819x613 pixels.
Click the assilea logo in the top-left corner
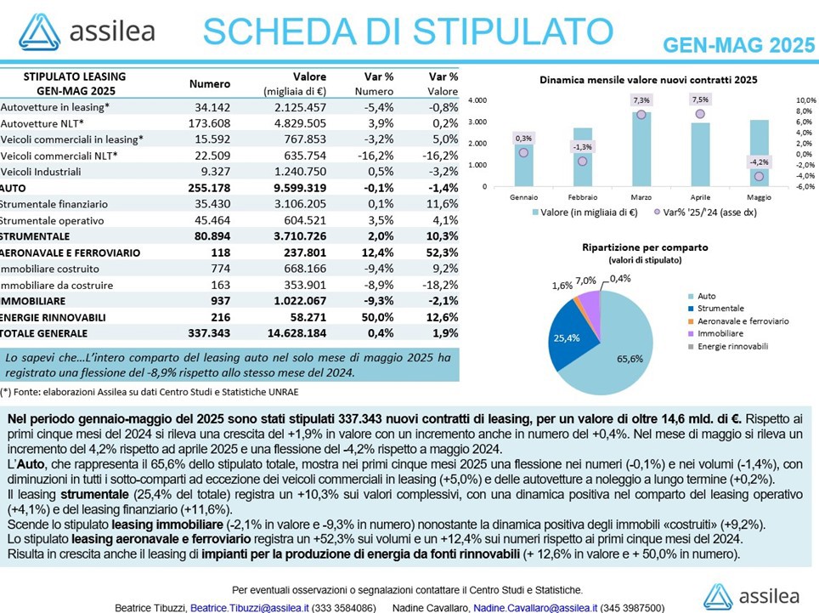[x=87, y=31]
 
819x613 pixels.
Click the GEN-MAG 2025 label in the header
[x=738, y=45]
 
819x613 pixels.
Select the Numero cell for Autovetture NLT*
[x=209, y=123]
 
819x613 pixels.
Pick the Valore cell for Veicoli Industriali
[x=300, y=172]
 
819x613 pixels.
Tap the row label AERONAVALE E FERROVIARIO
[x=71, y=253]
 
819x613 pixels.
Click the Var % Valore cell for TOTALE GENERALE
[x=442, y=333]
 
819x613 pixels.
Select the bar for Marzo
[x=641, y=149]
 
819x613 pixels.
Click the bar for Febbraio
[x=582, y=156]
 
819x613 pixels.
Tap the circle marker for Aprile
[x=700, y=114]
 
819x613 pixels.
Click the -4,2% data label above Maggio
[x=759, y=162]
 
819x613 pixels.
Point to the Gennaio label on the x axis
[x=524, y=197]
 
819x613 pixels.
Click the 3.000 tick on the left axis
[x=477, y=122]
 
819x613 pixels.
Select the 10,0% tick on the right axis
[x=806, y=100]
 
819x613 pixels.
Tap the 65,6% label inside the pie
[x=630, y=359]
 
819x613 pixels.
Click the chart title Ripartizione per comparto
[x=645, y=247]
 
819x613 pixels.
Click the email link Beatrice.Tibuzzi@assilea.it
[x=250, y=608]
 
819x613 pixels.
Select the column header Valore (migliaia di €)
[x=295, y=83]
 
